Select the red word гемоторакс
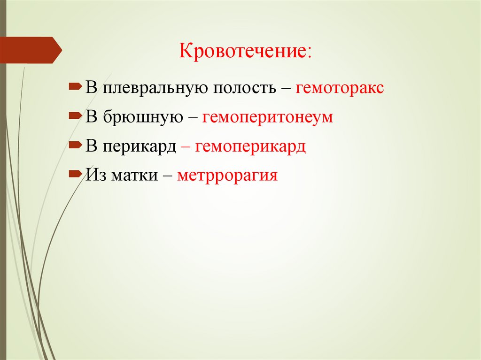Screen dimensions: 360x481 coord(340,88)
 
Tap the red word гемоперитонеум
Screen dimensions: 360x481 coord(268,117)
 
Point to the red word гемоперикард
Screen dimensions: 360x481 coord(251,146)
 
